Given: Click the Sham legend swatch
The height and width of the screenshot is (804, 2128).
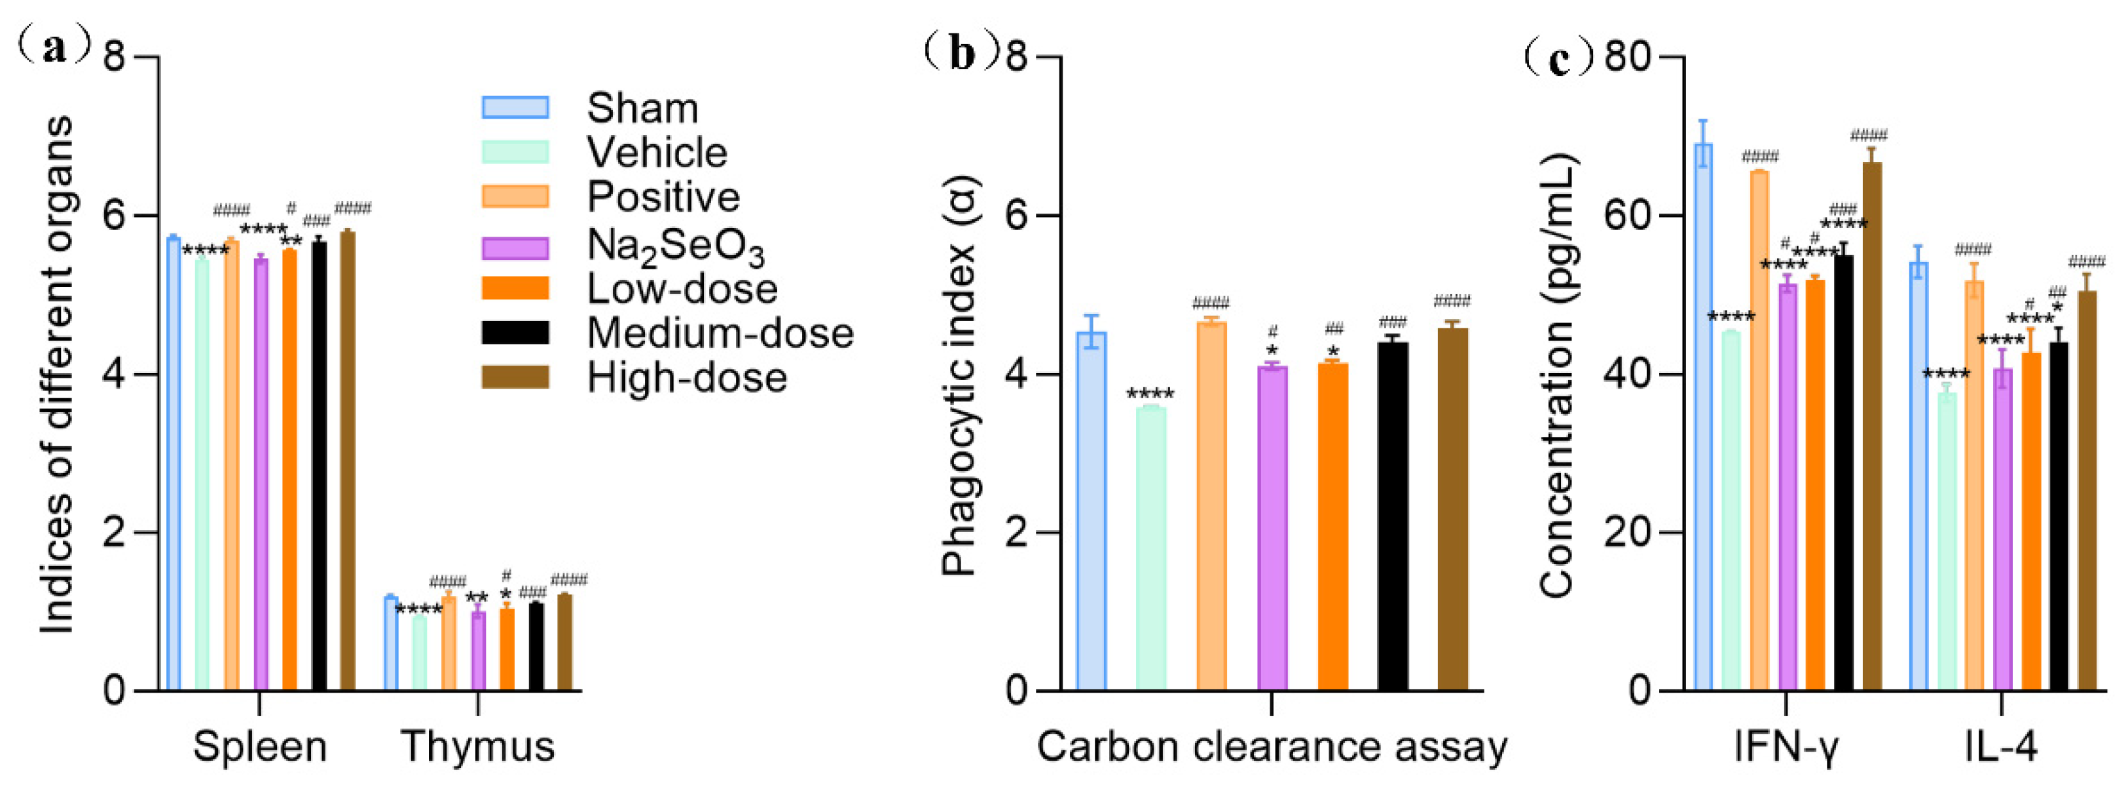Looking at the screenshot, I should [515, 107].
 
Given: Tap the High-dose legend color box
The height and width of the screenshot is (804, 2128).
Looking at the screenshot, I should [515, 377].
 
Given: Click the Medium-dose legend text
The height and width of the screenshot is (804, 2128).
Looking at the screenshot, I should [720, 333].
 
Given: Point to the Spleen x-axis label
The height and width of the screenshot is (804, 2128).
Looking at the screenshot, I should [259, 746].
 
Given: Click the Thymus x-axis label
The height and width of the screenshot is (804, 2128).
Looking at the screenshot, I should [477, 746].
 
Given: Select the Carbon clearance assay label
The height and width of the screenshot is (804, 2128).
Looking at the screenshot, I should [1272, 746].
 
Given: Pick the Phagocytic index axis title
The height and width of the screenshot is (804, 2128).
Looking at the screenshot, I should [959, 376].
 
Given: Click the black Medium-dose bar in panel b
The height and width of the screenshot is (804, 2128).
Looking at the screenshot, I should [1393, 516].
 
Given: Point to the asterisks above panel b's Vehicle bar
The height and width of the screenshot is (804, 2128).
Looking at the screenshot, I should [1150, 395].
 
